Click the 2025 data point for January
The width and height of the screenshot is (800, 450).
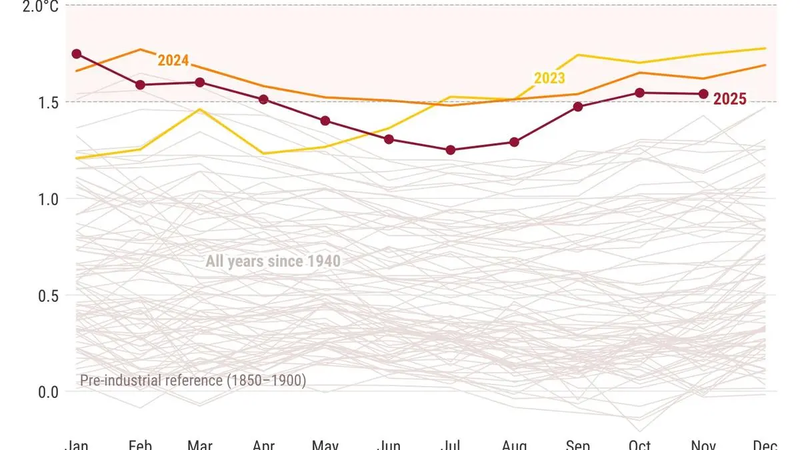pyautogui.click(x=77, y=54)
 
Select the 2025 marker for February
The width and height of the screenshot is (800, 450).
pyautogui.click(x=141, y=85)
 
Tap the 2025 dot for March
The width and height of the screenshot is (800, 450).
pyautogui.click(x=199, y=83)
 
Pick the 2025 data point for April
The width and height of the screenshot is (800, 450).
pyautogui.click(x=263, y=99)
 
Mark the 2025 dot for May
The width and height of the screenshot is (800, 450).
pyautogui.click(x=325, y=121)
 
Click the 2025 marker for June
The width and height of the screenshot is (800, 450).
pyautogui.click(x=389, y=139)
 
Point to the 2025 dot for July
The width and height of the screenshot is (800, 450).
pyautogui.click(x=451, y=150)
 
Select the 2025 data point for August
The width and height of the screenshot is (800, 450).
pyautogui.click(x=514, y=142)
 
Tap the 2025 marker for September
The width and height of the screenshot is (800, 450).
pyautogui.click(x=578, y=107)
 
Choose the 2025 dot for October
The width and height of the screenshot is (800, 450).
pyautogui.click(x=639, y=93)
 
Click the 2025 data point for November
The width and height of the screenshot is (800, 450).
pyautogui.click(x=703, y=94)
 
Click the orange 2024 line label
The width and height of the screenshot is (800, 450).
pyautogui.click(x=173, y=61)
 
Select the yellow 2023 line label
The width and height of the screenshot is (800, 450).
pyautogui.click(x=549, y=78)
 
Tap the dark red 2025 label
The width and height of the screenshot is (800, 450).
pyautogui.click(x=730, y=99)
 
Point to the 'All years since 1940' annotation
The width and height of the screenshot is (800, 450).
pyautogui.click(x=273, y=261)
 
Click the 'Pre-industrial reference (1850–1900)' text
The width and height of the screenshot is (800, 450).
pyautogui.click(x=193, y=381)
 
